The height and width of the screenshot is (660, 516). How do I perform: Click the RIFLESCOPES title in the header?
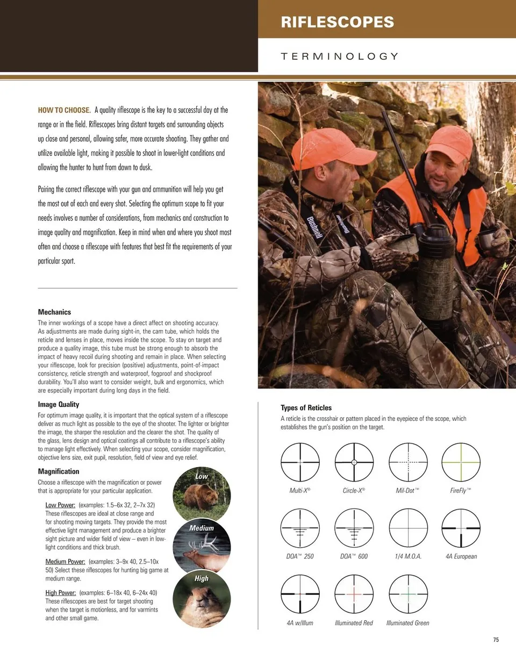(337, 22)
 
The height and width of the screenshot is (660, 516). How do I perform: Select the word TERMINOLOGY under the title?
(340, 56)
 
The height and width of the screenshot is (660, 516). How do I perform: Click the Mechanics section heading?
(54, 312)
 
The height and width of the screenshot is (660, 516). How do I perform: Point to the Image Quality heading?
(58, 404)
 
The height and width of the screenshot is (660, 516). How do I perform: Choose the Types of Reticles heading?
(306, 407)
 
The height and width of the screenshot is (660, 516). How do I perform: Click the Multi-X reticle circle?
(300, 462)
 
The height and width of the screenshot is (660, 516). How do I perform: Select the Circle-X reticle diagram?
(354, 462)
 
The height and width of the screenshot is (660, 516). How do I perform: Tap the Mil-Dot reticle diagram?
(408, 462)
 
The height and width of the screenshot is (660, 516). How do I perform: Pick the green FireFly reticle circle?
(461, 462)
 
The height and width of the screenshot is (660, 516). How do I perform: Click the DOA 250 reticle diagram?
(300, 528)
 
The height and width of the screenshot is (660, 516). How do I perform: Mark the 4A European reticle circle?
(461, 528)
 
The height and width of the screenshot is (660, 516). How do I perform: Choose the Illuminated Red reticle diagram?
(354, 594)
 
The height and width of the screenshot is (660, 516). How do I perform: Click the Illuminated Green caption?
(407, 623)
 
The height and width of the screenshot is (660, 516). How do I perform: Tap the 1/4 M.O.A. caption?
(408, 556)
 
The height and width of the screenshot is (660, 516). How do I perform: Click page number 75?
(496, 640)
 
